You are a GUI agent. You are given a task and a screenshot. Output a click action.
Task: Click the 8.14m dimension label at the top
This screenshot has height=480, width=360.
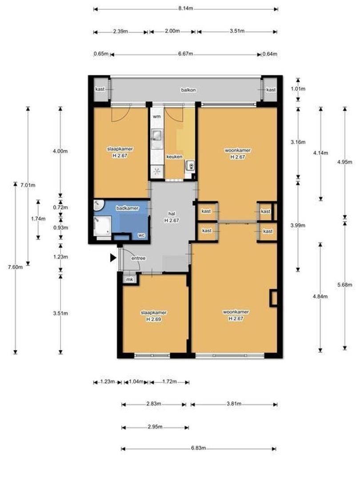[185, 8]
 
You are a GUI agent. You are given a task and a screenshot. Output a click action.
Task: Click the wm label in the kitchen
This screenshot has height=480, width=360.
[156, 116]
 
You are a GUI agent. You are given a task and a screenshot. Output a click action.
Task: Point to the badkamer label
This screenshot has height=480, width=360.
[127, 208]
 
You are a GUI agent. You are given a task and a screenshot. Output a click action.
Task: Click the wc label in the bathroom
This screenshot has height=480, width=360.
[142, 235]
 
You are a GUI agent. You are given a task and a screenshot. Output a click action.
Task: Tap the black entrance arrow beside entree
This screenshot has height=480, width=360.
[113, 257]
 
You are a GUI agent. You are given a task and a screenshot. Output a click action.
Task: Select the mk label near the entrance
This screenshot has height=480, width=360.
[129, 280]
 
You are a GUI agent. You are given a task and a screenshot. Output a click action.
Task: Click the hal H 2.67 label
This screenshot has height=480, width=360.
[171, 217]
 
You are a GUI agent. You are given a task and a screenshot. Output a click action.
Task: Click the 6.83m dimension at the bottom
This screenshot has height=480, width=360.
[198, 448]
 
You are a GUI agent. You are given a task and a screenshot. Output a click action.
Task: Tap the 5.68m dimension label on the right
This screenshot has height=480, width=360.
[345, 284]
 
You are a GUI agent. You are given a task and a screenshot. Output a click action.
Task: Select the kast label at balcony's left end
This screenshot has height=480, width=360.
[100, 89]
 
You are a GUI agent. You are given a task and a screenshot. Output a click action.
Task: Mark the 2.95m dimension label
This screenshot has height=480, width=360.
[155, 427]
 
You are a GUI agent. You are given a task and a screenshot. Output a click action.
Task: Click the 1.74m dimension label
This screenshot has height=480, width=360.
[37, 219]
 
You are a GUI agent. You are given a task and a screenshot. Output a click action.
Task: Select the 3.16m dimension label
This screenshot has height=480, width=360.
[298, 142]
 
